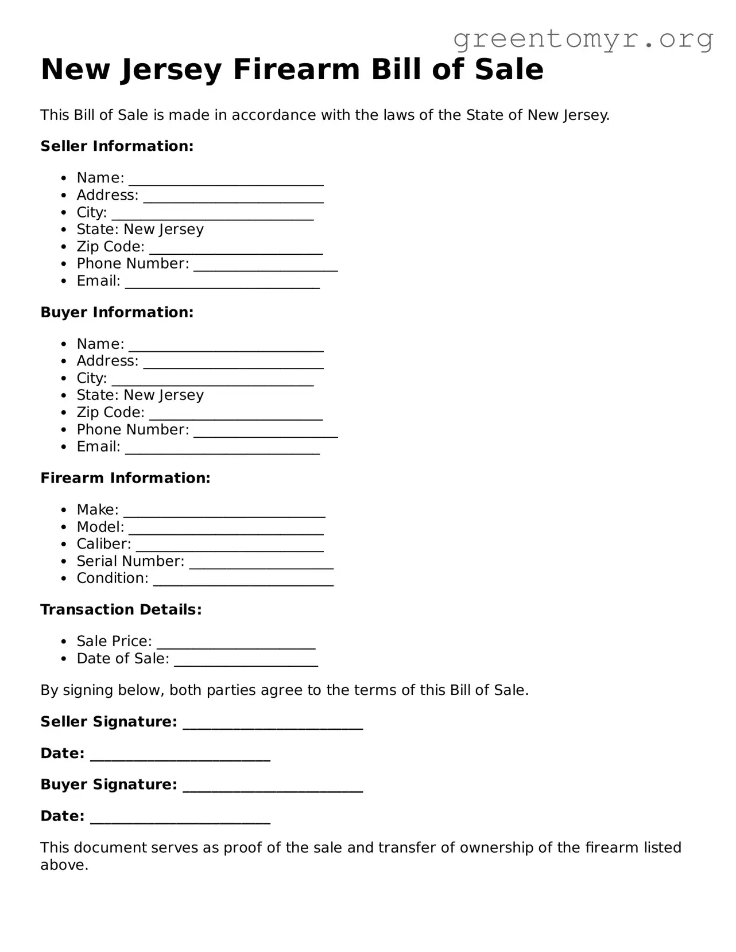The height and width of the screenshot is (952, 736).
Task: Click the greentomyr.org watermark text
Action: [x=583, y=39]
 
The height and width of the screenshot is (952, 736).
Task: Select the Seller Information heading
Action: [x=117, y=146]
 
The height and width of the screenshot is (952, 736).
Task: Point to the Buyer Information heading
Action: [x=117, y=312]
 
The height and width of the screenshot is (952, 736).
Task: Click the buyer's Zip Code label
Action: [x=111, y=413]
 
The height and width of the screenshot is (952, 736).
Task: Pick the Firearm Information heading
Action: [x=125, y=478]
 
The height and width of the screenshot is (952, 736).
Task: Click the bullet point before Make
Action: [x=64, y=510]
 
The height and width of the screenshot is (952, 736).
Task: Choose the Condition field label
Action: [x=113, y=578]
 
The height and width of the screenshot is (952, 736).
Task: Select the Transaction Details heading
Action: [x=121, y=609]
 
